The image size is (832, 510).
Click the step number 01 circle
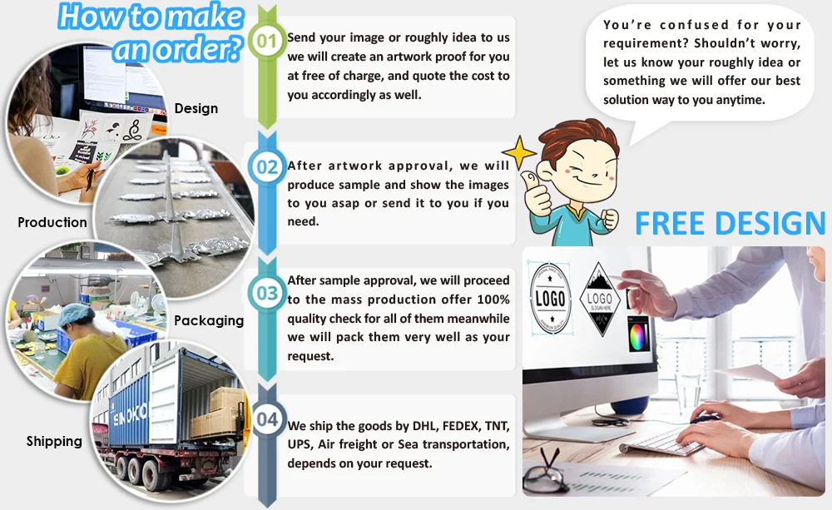267,41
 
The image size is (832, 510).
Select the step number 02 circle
267,166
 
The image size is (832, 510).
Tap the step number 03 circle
267,292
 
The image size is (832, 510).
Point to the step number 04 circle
267,418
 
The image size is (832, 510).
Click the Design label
196,109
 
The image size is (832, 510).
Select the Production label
52,222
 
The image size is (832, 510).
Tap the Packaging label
209,320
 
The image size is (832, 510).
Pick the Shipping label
54,442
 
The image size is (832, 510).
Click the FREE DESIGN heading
730,223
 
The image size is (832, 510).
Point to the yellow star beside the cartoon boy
518,152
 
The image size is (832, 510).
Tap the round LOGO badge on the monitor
550,298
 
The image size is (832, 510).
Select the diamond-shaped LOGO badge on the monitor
600,299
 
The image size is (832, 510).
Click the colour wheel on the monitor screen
637,335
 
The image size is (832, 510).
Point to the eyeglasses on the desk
545,471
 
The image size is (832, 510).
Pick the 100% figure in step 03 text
493,300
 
